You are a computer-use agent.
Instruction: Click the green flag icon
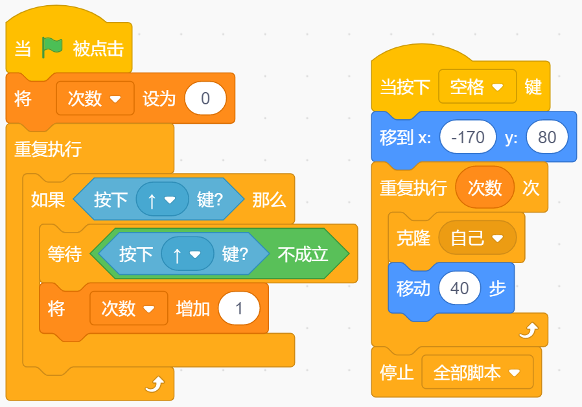[x=52, y=48]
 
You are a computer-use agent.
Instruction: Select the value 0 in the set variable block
[x=205, y=99]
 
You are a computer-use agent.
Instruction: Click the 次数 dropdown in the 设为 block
[x=95, y=99]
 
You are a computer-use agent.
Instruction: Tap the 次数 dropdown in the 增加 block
[x=128, y=308]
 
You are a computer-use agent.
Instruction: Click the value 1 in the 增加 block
[x=239, y=308]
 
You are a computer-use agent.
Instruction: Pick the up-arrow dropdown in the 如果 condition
[x=162, y=200]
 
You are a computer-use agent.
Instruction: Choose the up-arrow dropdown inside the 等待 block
[x=187, y=254]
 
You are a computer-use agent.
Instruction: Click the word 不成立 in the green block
[x=303, y=254]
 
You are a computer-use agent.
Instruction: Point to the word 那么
[x=269, y=200]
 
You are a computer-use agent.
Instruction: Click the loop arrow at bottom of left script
[x=154, y=386]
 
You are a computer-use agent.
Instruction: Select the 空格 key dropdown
[x=478, y=87]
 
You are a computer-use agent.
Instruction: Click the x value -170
[x=467, y=137]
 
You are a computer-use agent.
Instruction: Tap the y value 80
[x=547, y=137]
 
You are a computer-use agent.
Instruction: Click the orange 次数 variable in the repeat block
[x=485, y=188]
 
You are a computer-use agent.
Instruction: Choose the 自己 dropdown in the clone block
[x=478, y=238]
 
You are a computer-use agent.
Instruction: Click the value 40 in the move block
[x=460, y=288]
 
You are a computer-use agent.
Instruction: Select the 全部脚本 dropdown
[x=478, y=373]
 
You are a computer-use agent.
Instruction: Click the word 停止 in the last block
[x=397, y=373]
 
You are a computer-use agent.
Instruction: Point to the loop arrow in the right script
[x=528, y=331]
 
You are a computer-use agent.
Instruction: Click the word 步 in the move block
[x=497, y=288]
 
